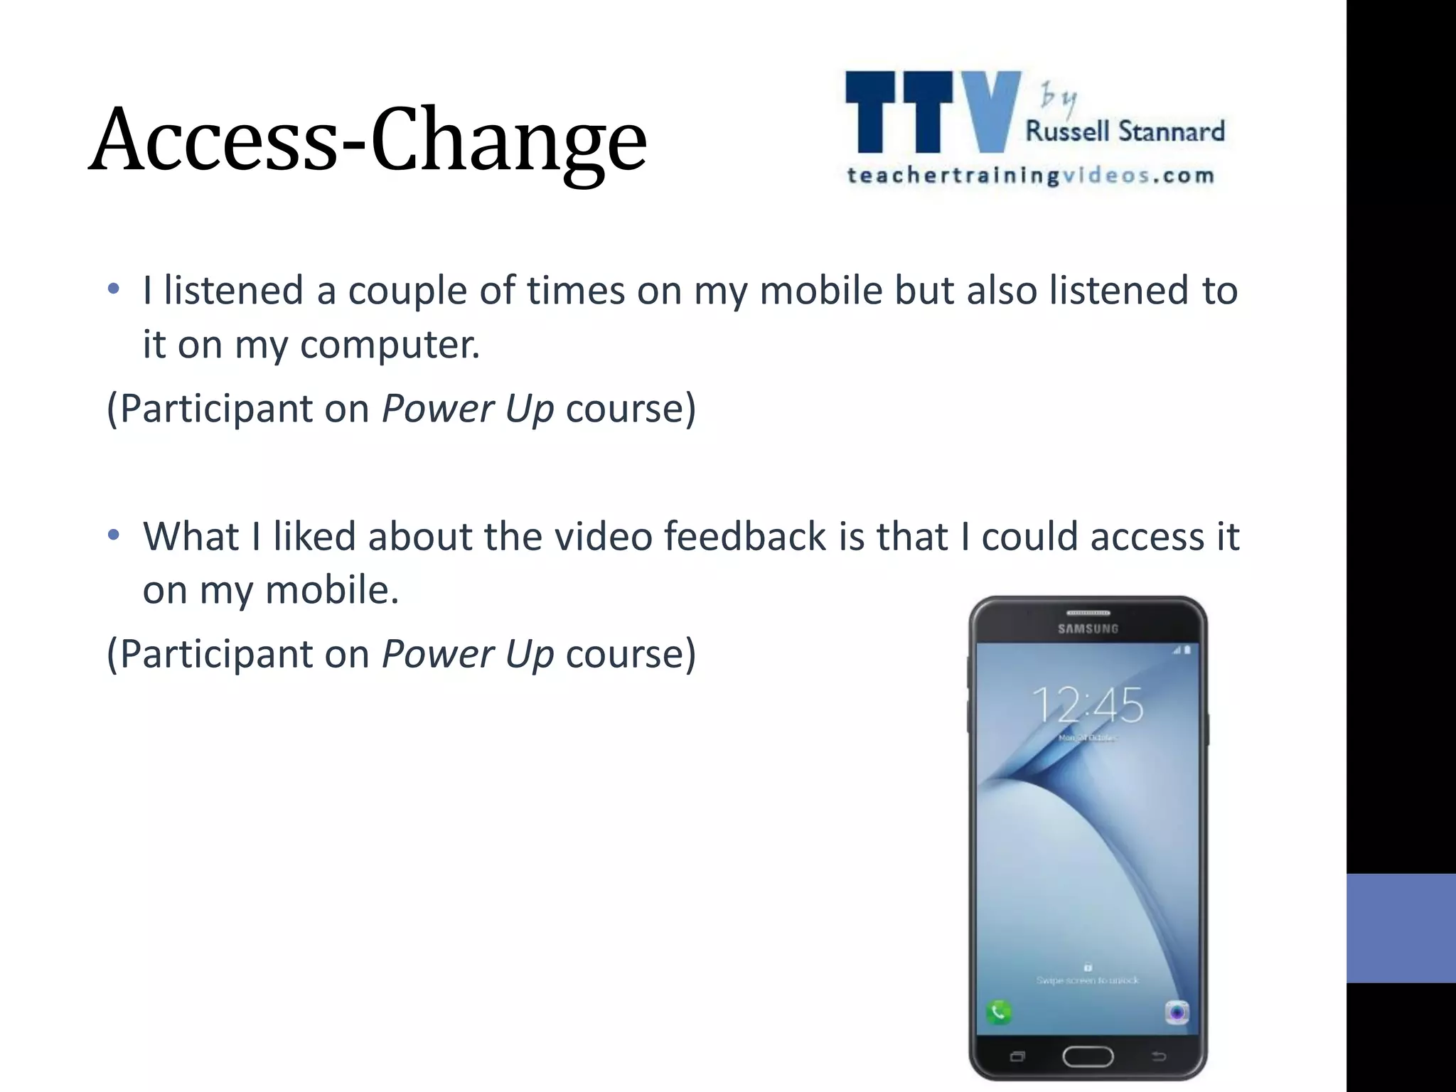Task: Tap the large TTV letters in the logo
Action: point(931,112)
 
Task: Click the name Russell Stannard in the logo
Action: point(1125,132)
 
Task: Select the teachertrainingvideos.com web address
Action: point(1030,176)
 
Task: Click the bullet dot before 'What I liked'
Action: point(113,535)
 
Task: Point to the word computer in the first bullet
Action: point(390,345)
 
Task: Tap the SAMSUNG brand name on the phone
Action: point(1088,628)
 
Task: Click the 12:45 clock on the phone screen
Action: point(1088,705)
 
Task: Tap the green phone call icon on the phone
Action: point(999,1011)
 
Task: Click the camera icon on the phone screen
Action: point(1177,1011)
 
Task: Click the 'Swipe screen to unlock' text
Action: point(1088,980)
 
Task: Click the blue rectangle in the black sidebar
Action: point(1401,928)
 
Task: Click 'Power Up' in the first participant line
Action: point(467,409)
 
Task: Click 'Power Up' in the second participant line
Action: point(467,654)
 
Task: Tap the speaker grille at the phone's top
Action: point(1088,613)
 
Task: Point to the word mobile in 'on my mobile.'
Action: point(331,590)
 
